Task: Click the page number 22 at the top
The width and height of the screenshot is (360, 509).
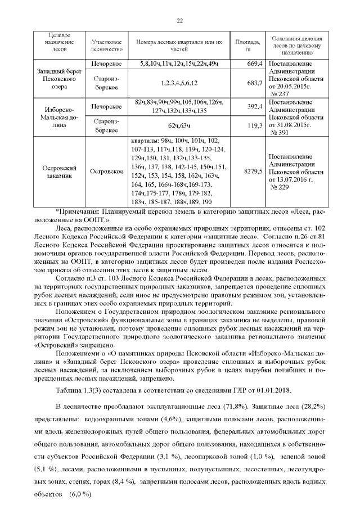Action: click(x=180, y=21)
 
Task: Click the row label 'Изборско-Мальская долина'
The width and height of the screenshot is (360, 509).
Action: click(x=58, y=116)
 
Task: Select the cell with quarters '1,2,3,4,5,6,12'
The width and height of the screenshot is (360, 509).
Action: click(x=179, y=84)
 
